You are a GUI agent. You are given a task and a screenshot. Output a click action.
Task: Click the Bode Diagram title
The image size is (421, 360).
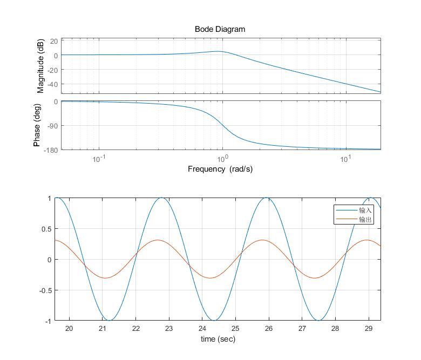pyautogui.click(x=220, y=29)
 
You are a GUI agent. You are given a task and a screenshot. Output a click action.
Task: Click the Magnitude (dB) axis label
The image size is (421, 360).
pyautogui.click(x=41, y=66)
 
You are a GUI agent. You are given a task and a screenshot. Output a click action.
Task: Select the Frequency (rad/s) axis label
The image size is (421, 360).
pyautogui.click(x=220, y=169)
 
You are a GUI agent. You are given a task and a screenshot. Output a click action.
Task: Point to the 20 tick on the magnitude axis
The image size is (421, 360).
pyautogui.click(x=53, y=40)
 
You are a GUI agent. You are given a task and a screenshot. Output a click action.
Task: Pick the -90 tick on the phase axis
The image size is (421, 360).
pyautogui.click(x=52, y=126)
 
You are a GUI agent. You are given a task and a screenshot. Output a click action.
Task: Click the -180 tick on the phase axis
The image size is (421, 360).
pyautogui.click(x=50, y=150)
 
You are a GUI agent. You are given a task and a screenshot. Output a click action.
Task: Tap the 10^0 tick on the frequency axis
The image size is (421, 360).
pyautogui.click(x=222, y=158)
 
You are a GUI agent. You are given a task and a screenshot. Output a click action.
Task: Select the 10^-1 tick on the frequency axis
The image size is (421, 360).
pyautogui.click(x=98, y=158)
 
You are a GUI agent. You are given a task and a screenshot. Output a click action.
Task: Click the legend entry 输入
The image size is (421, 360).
pyautogui.click(x=366, y=210)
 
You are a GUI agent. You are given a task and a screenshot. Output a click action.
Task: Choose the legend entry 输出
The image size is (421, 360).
pyautogui.click(x=366, y=220)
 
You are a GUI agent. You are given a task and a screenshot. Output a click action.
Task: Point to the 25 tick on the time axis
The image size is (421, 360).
pyautogui.click(x=235, y=329)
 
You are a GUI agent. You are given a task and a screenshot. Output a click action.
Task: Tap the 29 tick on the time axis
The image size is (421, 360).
pyautogui.click(x=369, y=329)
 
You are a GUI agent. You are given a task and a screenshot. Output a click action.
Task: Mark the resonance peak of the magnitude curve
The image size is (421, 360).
pyautogui.click(x=218, y=51)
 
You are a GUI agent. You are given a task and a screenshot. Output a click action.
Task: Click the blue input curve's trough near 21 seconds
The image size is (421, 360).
pyautogui.click(x=109, y=321)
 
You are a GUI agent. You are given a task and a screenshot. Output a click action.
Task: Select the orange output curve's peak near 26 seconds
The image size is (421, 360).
pyautogui.click(x=262, y=240)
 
